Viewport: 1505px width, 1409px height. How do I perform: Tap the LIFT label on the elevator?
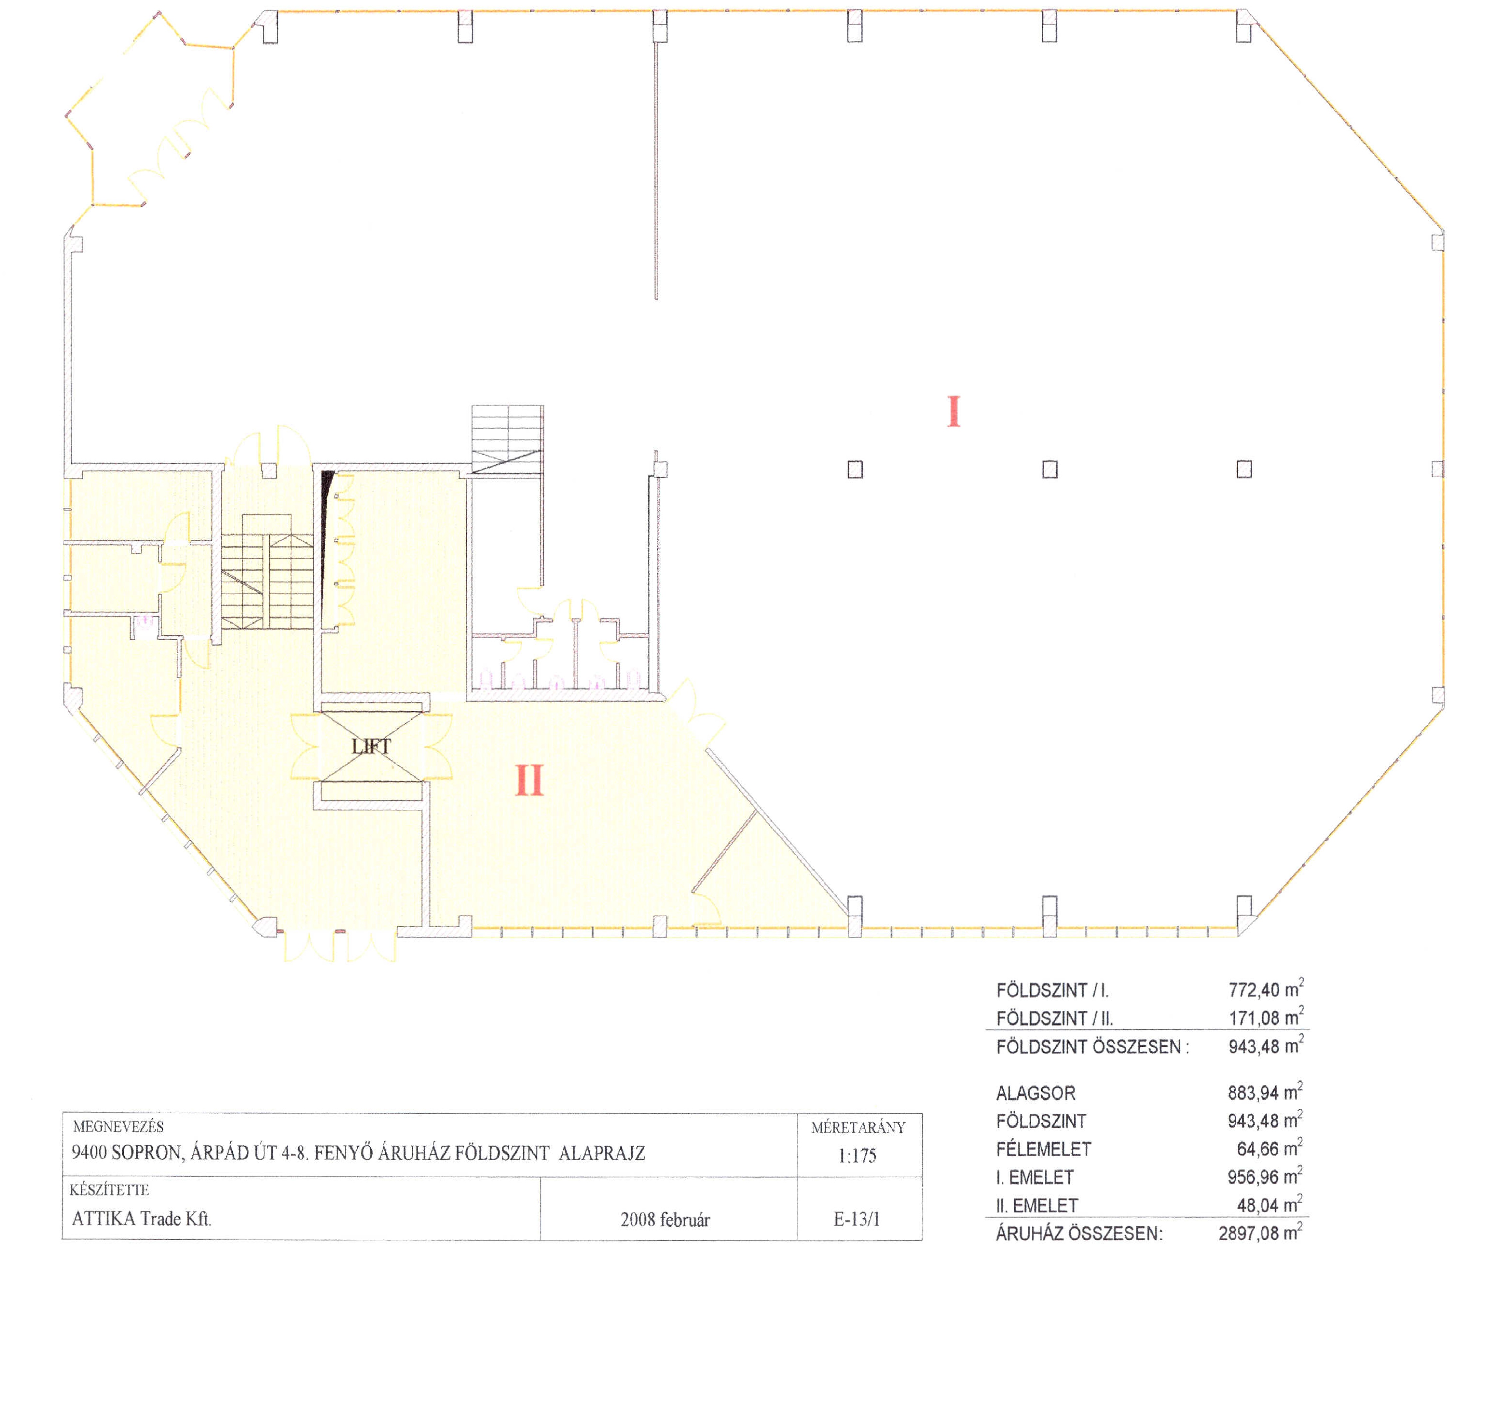coord(371,746)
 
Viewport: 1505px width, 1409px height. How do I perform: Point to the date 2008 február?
coord(666,1220)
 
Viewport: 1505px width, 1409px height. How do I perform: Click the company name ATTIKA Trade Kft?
coord(142,1218)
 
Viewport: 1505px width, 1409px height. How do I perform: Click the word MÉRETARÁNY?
coord(858,1127)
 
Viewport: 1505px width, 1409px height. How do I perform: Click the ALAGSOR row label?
coord(1036,1093)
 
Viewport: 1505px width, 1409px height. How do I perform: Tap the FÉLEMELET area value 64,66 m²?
coord(1270,1149)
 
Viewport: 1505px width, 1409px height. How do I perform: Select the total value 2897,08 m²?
coord(1261,1233)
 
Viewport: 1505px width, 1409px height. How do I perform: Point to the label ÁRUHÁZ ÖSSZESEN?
coord(1079,1233)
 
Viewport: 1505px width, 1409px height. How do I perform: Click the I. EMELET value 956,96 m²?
coord(1265,1177)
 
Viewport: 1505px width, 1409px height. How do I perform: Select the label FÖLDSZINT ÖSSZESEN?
coord(1092,1046)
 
